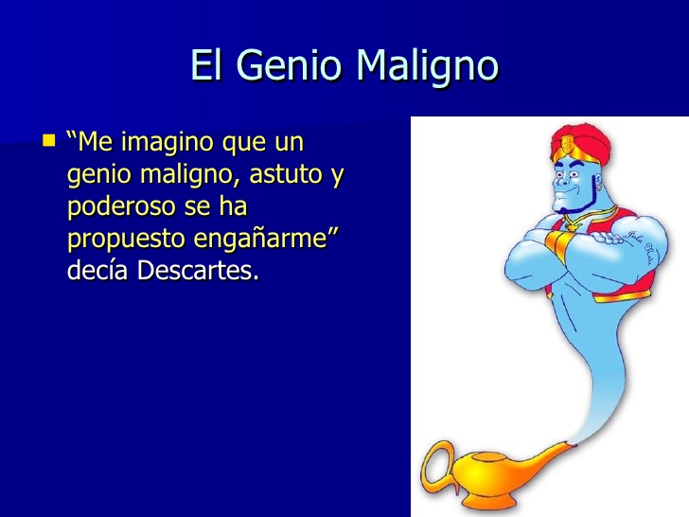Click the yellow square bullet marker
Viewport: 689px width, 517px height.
click(x=49, y=141)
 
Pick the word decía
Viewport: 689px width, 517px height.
click(x=99, y=271)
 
